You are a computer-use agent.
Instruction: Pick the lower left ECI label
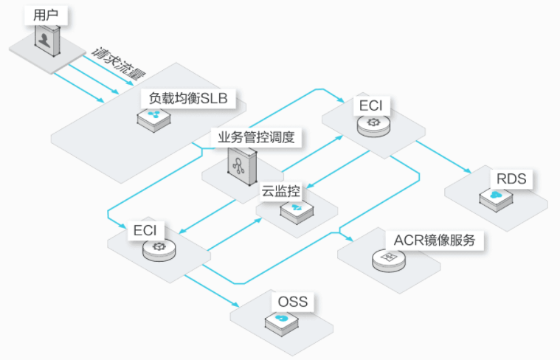[x=145, y=229]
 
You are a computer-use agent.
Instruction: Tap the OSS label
[x=292, y=301]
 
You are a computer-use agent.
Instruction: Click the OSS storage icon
[x=280, y=319]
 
